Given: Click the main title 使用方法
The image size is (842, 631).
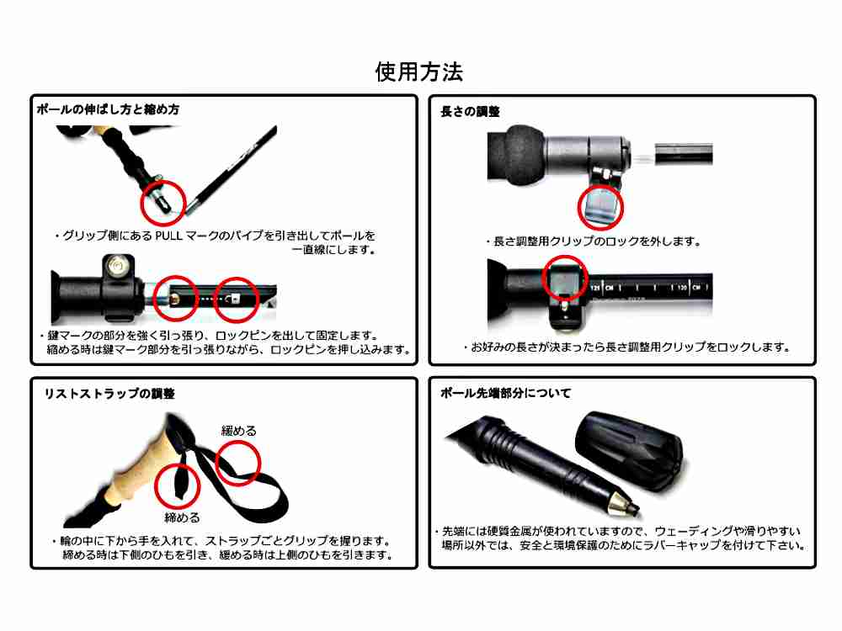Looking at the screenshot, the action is (418, 72).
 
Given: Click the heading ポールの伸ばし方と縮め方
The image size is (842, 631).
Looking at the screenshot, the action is (108, 109).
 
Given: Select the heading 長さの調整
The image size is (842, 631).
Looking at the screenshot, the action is (470, 112).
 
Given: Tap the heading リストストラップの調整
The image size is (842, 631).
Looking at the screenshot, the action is (109, 394).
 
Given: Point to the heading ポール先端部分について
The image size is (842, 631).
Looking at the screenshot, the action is (505, 393).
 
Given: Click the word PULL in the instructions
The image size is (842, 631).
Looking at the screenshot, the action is (168, 236).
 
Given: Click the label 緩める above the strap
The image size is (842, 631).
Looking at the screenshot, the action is (239, 431).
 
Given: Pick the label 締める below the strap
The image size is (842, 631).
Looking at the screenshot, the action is (182, 517).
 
